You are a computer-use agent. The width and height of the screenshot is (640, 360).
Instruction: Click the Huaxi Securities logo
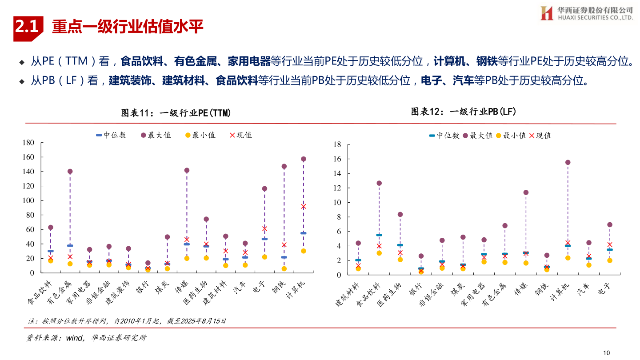point(586,13)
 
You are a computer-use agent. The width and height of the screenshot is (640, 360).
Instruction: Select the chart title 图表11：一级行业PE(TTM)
point(176,113)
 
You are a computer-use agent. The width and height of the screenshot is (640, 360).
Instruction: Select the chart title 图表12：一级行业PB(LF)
point(464,112)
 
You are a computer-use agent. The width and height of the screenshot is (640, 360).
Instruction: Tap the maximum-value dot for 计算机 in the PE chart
point(304,159)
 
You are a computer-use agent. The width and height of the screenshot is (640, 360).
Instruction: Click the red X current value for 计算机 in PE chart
point(304,206)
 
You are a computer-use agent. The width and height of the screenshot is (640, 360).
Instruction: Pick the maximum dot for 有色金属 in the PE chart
point(70,172)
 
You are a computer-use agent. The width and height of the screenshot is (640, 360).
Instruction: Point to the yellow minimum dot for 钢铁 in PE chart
point(284,268)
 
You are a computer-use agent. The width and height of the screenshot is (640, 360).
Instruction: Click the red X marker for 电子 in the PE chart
point(264,228)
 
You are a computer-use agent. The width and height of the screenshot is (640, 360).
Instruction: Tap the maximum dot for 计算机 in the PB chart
point(568,162)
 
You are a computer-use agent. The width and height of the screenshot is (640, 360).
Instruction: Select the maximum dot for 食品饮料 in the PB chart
point(379,183)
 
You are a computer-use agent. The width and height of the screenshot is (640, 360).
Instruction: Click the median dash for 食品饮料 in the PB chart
point(379,235)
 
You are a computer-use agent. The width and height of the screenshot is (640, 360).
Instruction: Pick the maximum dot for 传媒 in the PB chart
point(526,192)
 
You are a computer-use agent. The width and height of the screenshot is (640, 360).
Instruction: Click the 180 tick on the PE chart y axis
point(28,143)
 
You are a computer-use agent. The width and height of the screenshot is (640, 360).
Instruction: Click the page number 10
point(606,352)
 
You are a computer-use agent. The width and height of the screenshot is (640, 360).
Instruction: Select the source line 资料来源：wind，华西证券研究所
point(86,338)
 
